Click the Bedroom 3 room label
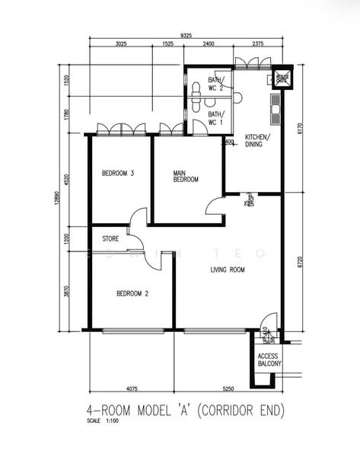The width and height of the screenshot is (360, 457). (x=118, y=174)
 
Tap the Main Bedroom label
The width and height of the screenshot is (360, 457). (x=186, y=176)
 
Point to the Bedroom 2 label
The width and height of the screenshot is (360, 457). (x=132, y=293)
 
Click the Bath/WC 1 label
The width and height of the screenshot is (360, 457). (x=215, y=118)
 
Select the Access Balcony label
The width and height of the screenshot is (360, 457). (x=269, y=360)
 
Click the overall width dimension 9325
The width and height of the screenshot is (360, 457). (x=186, y=34)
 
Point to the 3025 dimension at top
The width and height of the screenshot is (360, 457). (x=120, y=44)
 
